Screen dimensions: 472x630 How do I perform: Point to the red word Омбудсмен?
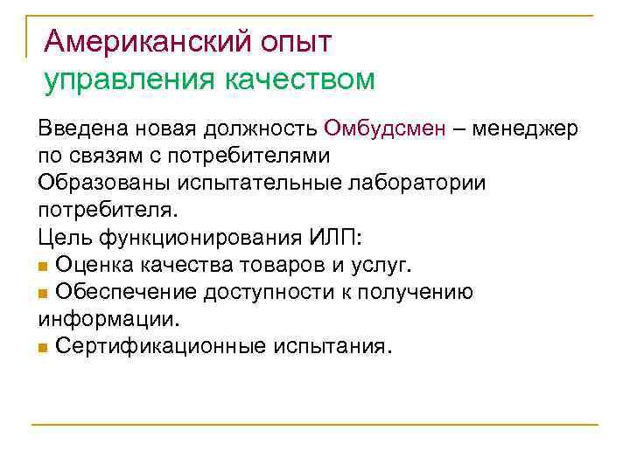click(x=383, y=129)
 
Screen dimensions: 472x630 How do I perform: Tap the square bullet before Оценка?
click(x=44, y=265)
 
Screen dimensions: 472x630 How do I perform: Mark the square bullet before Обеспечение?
click(x=44, y=292)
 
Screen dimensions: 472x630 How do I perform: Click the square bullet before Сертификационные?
click(x=44, y=347)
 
